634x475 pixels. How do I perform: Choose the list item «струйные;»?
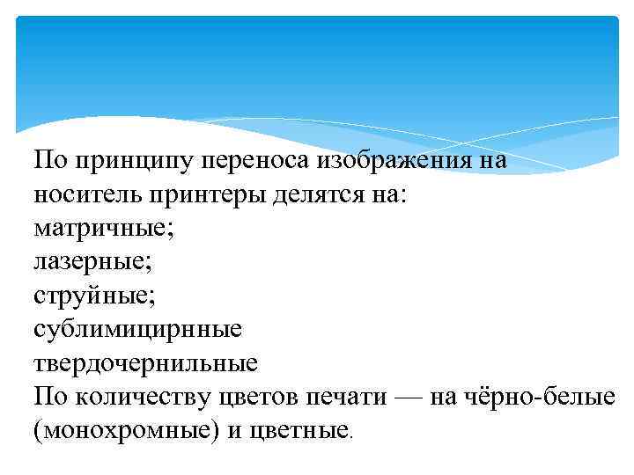tap(94, 296)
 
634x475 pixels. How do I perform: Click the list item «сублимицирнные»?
tap(136, 329)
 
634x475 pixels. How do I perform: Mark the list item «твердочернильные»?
tap(145, 362)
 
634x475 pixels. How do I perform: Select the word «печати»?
tap(344, 396)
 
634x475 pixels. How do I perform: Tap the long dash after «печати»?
tap(409, 396)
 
